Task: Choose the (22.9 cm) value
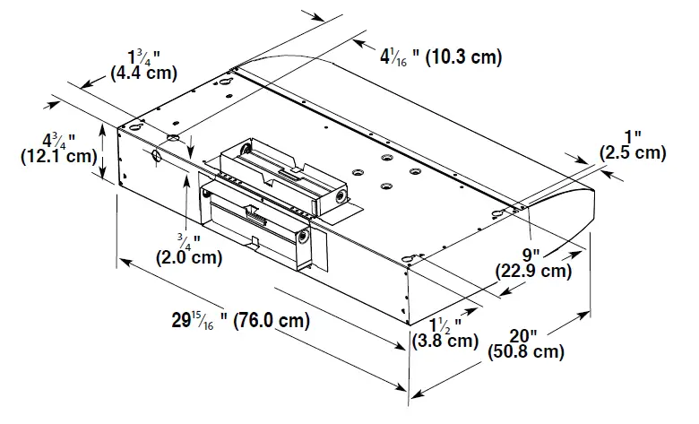(533, 270)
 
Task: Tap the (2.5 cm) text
(633, 153)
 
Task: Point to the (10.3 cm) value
(461, 57)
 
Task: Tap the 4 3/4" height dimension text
(59, 140)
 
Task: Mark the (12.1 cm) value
(58, 157)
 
